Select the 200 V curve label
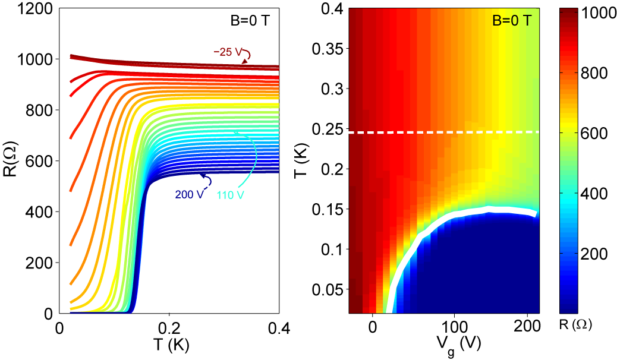(185, 194)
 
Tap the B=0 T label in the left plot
(250, 21)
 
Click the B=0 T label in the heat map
(512, 21)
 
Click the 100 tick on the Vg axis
(454, 327)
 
